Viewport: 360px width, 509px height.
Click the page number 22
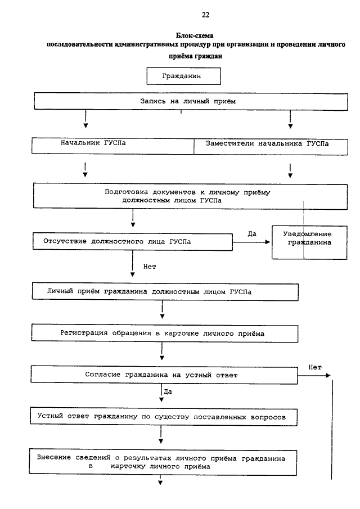205,15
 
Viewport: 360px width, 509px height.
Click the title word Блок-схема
195,35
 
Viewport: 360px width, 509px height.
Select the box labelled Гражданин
183,76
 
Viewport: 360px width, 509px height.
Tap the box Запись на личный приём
191,101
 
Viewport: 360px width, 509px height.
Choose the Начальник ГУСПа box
112,146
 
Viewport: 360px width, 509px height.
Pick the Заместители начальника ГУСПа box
271,147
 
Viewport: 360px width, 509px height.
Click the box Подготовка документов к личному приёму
190,196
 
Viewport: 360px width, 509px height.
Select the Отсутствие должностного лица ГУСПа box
132,242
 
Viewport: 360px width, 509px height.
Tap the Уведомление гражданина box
309,242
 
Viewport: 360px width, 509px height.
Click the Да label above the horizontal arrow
252,234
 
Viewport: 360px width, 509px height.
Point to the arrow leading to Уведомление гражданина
251,242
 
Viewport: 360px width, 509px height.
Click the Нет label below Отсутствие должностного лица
150,267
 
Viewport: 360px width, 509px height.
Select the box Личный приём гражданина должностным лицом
165,292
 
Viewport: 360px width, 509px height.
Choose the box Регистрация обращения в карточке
165,334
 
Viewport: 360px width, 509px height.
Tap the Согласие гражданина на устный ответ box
164,375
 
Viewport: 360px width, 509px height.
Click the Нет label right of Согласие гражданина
315,367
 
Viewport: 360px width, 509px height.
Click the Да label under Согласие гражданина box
168,392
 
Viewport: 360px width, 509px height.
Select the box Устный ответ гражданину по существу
164,417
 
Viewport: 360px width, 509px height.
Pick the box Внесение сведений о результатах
163,462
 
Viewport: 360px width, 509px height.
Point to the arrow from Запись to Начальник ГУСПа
85,119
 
